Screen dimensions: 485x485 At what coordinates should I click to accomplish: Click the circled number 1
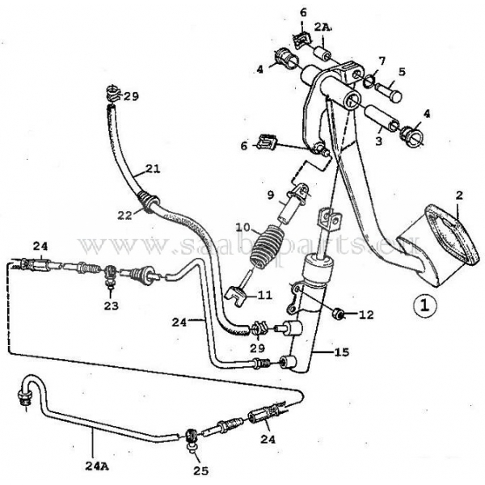pyautogui.click(x=425, y=305)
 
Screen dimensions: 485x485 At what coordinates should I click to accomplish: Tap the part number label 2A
pyautogui.click(x=323, y=27)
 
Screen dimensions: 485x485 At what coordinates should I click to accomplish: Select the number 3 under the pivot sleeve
pyautogui.click(x=378, y=141)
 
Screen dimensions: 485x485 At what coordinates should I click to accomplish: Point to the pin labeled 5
pyautogui.click(x=389, y=91)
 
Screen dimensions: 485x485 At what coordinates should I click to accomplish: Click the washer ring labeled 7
pyautogui.click(x=369, y=82)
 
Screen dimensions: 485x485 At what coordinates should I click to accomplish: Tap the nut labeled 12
pyautogui.click(x=338, y=314)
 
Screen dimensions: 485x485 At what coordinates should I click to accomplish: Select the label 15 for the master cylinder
pyautogui.click(x=341, y=352)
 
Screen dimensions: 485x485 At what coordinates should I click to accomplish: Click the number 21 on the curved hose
pyautogui.click(x=153, y=170)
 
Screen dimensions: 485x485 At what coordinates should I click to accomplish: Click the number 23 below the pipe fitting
pyautogui.click(x=111, y=306)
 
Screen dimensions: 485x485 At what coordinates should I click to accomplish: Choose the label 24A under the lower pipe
pyautogui.click(x=96, y=466)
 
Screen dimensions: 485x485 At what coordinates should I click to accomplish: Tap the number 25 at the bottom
pyautogui.click(x=201, y=470)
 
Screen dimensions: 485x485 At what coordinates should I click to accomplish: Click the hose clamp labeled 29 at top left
pyautogui.click(x=113, y=94)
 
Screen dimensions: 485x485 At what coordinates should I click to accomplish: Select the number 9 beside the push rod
pyautogui.click(x=271, y=195)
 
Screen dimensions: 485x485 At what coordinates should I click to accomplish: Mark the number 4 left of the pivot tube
pyautogui.click(x=259, y=70)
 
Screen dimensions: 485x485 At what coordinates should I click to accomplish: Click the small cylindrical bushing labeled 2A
pyautogui.click(x=323, y=53)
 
